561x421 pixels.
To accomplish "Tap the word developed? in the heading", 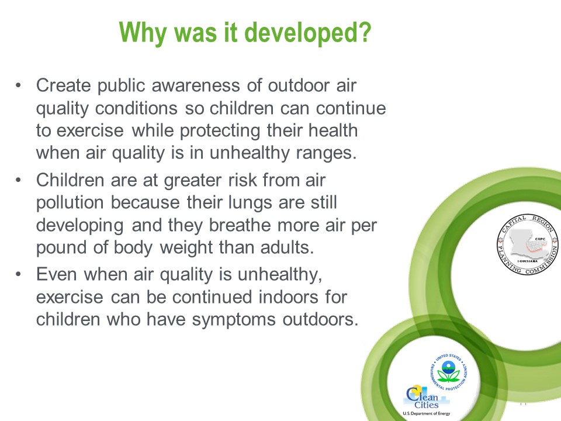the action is tap(308, 33).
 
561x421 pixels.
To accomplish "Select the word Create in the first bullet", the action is tap(64, 85).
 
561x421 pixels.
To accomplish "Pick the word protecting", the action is tap(220, 131).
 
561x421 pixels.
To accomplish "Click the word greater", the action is tap(193, 181).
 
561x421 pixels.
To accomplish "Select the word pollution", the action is tap(70, 203).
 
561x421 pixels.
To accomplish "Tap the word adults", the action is tap(288, 248).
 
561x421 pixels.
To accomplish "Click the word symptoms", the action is tap(234, 320).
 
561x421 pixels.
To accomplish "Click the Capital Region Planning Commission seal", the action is tap(527, 245).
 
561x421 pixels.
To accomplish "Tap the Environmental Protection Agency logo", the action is tap(449, 372).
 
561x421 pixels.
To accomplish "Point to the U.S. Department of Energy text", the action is tap(427, 413).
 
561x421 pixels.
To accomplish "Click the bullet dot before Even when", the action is tap(18, 275).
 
